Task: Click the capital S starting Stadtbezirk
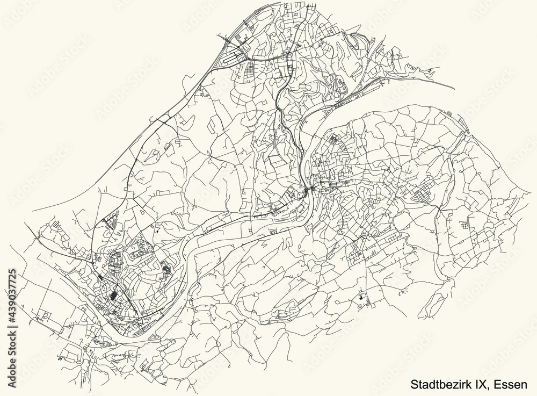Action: click(x=415, y=385)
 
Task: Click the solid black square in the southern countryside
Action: click(x=361, y=296)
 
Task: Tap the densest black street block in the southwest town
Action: click(x=113, y=295)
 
